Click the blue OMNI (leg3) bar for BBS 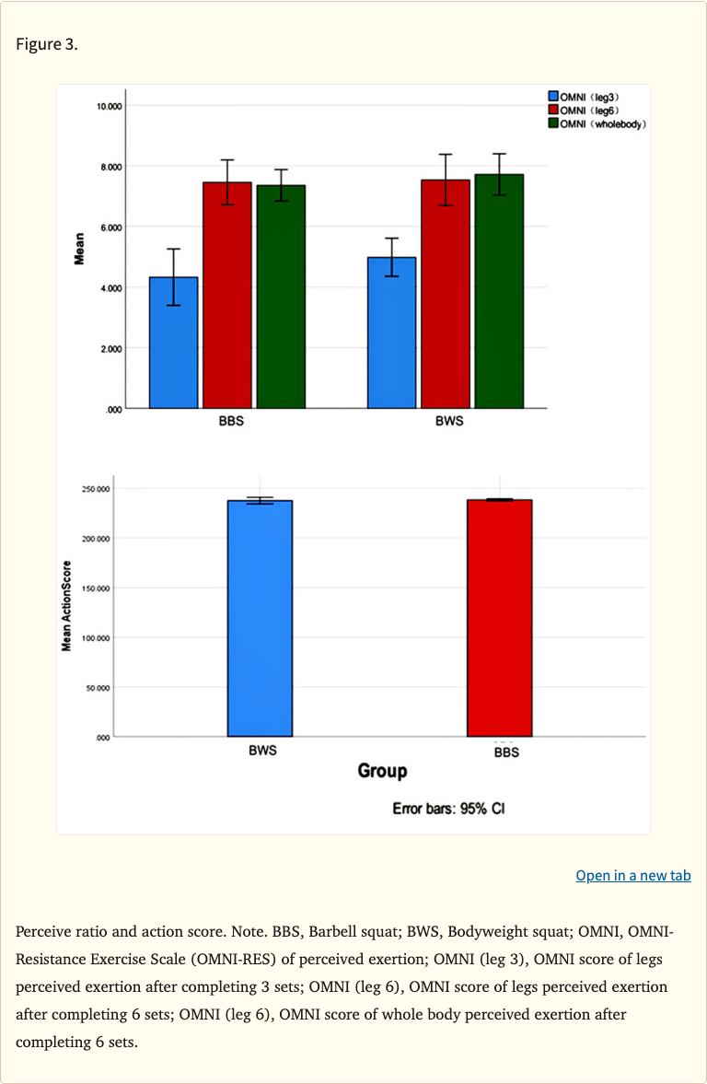tap(174, 343)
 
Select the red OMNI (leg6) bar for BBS tap(227, 295)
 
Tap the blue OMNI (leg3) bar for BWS tap(391, 332)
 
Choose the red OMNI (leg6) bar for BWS tap(446, 294)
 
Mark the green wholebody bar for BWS tap(499, 291)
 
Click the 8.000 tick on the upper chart tap(110, 167)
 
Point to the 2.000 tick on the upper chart tap(110, 349)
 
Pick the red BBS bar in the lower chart tap(499, 618)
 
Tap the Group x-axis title tap(382, 771)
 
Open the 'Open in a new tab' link tap(632, 875)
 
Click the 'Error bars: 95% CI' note tap(448, 809)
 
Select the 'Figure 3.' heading tap(46, 44)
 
